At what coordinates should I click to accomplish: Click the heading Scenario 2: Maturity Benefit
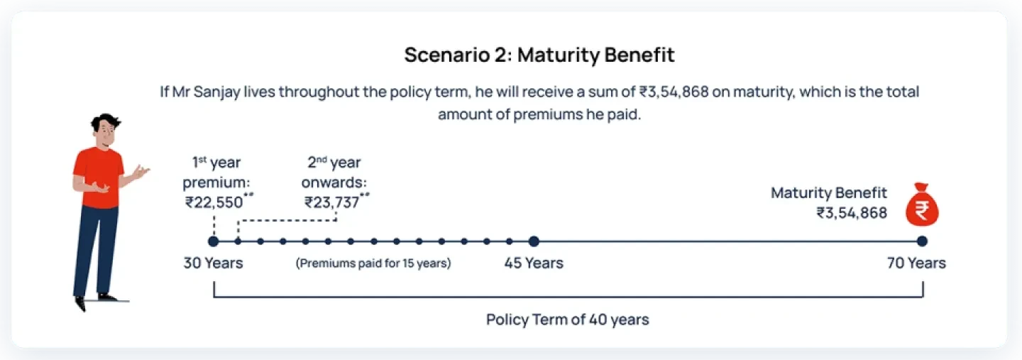click(x=539, y=55)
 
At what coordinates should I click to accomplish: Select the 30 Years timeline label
click(x=213, y=263)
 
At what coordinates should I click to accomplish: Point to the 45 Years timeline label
click(x=534, y=263)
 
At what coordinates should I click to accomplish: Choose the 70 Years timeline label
click(x=916, y=263)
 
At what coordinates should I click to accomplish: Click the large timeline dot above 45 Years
click(x=534, y=241)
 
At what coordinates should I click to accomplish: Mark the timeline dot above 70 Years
click(x=922, y=241)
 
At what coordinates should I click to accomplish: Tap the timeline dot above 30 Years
click(x=213, y=241)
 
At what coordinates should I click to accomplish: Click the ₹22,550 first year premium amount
click(x=214, y=202)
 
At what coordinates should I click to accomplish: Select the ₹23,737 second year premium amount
click(x=333, y=202)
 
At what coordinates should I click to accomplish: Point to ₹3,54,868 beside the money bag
click(x=852, y=212)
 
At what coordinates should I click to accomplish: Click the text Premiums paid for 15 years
click(x=373, y=263)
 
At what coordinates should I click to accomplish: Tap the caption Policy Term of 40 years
click(x=568, y=320)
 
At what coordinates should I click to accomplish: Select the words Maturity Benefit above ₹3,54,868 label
click(x=829, y=192)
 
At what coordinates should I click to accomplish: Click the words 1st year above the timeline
click(x=216, y=163)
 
